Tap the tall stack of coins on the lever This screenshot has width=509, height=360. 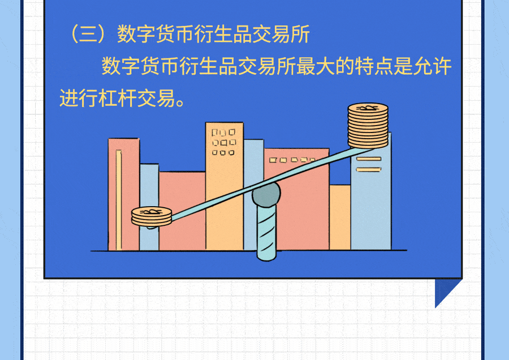click(368, 126)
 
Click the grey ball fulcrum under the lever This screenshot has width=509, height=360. click(266, 195)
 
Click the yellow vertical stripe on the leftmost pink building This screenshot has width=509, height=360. click(119, 198)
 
